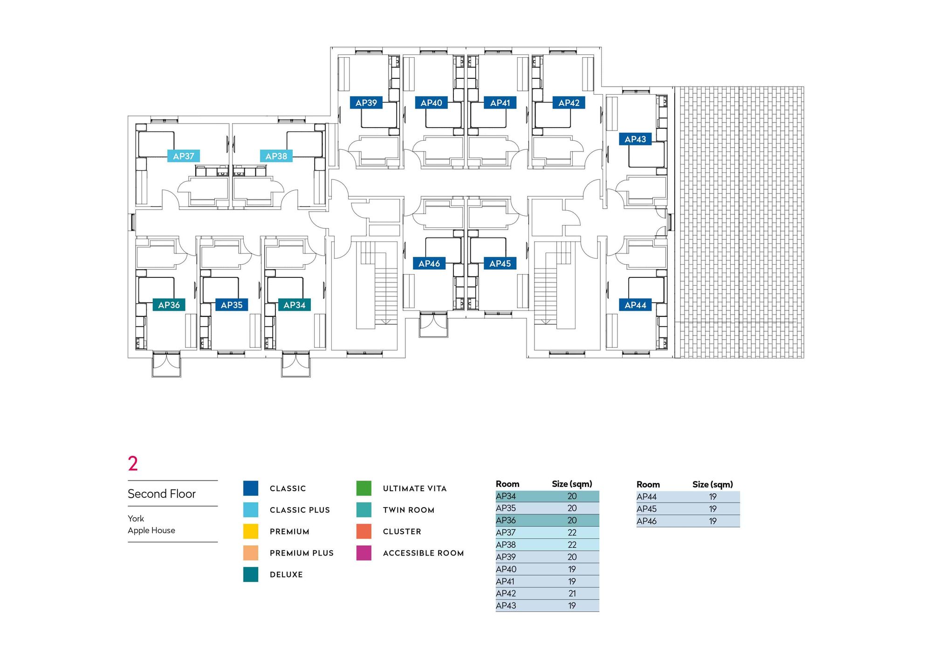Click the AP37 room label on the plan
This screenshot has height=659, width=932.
184,156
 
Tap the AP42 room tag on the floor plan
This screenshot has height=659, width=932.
569,103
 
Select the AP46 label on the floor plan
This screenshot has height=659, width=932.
429,264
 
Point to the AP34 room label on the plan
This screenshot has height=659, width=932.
295,305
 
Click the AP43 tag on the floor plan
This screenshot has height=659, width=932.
635,139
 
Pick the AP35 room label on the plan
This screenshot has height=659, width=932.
232,305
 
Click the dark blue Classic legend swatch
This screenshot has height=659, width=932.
251,488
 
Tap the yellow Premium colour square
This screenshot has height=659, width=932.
251,531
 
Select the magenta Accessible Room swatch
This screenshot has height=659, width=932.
364,553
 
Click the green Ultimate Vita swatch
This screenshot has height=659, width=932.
364,488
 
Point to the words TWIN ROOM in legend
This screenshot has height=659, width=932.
408,510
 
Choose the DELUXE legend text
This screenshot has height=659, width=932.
286,575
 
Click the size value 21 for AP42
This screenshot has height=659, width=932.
572,593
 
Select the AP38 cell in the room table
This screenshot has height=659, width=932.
506,545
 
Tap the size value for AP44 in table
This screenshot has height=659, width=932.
713,497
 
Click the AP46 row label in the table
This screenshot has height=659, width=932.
646,521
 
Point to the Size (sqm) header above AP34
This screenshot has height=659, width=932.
572,484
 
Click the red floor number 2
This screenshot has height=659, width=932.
133,463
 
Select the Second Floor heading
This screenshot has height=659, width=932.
162,494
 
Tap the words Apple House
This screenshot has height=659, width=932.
151,530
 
